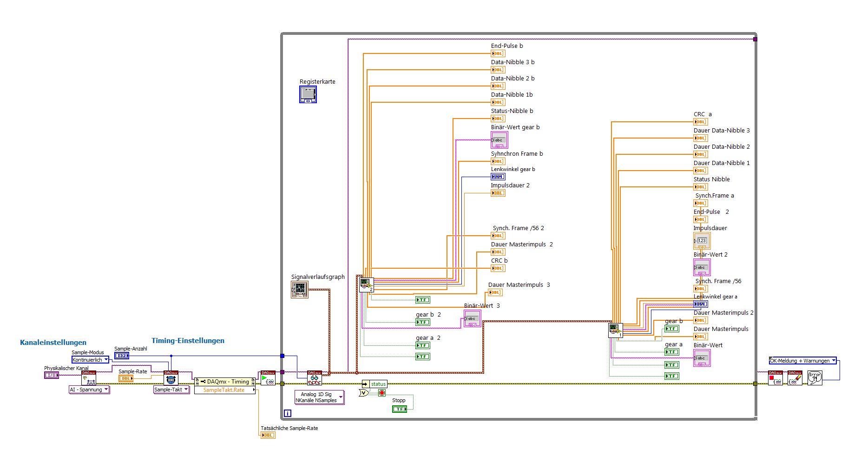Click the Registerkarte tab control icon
[x=308, y=94]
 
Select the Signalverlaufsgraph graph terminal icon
[x=299, y=290]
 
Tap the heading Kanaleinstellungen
[x=53, y=343]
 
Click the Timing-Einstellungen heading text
[x=188, y=341]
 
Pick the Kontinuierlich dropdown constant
[x=90, y=360]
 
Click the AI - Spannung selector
[x=89, y=390]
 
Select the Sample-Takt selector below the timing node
[x=171, y=390]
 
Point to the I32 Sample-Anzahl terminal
[x=122, y=356]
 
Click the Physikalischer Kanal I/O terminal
[x=52, y=375]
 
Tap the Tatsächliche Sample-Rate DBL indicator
[x=268, y=435]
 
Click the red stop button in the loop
[x=382, y=393]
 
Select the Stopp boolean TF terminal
[x=399, y=409]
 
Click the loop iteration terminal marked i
[x=288, y=413]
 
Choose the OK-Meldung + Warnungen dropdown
[x=802, y=361]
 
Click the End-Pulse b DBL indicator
[x=498, y=53]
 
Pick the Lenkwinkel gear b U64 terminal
[x=498, y=177]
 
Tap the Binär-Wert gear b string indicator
[x=499, y=140]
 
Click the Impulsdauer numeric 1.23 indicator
[x=702, y=240]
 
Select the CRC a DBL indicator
[x=700, y=122]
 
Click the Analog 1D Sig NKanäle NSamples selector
[x=319, y=397]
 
